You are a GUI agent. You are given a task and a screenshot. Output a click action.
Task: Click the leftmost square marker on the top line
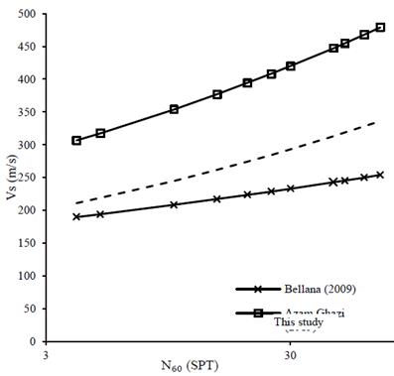coord(76,141)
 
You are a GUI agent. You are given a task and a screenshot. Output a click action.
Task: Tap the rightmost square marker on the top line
coord(380,28)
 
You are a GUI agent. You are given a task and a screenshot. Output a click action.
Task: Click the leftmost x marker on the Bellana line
coord(76,216)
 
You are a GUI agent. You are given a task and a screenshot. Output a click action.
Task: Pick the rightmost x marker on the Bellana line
coord(380,175)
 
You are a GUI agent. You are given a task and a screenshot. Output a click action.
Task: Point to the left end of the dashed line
coord(76,203)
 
